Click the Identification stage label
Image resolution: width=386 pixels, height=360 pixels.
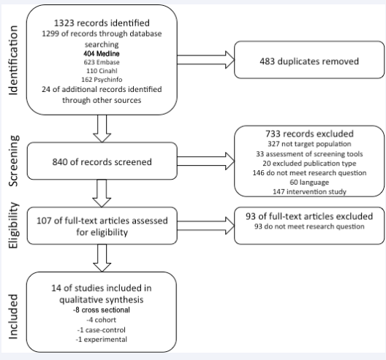[13, 61]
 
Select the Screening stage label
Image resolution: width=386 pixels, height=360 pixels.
[13, 161]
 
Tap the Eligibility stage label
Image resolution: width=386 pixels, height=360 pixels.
[13, 225]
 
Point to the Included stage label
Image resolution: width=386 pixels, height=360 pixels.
[13, 317]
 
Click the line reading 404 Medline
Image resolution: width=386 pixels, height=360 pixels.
[102, 53]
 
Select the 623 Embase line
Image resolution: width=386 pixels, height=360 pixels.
[102, 62]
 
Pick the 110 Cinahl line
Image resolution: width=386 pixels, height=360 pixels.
[102, 71]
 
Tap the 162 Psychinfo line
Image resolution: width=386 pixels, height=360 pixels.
[102, 80]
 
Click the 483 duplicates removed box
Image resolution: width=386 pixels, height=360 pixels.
[309, 60]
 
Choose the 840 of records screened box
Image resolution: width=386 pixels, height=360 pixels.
[102, 161]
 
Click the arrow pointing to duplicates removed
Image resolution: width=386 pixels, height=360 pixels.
[205, 60]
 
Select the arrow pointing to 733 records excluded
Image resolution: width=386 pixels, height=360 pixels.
[205, 161]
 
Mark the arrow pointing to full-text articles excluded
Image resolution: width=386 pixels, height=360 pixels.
[205, 226]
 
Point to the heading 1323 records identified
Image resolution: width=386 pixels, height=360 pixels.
[102, 23]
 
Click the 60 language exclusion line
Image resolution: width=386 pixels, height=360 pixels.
[309, 183]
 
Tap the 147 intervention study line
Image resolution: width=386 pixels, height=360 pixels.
[309, 191]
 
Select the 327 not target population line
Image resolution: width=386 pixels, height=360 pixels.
[309, 144]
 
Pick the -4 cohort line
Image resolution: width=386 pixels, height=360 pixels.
[101, 320]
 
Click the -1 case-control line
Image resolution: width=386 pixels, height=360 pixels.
[101, 330]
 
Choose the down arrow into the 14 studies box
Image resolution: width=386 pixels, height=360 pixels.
[102, 258]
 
